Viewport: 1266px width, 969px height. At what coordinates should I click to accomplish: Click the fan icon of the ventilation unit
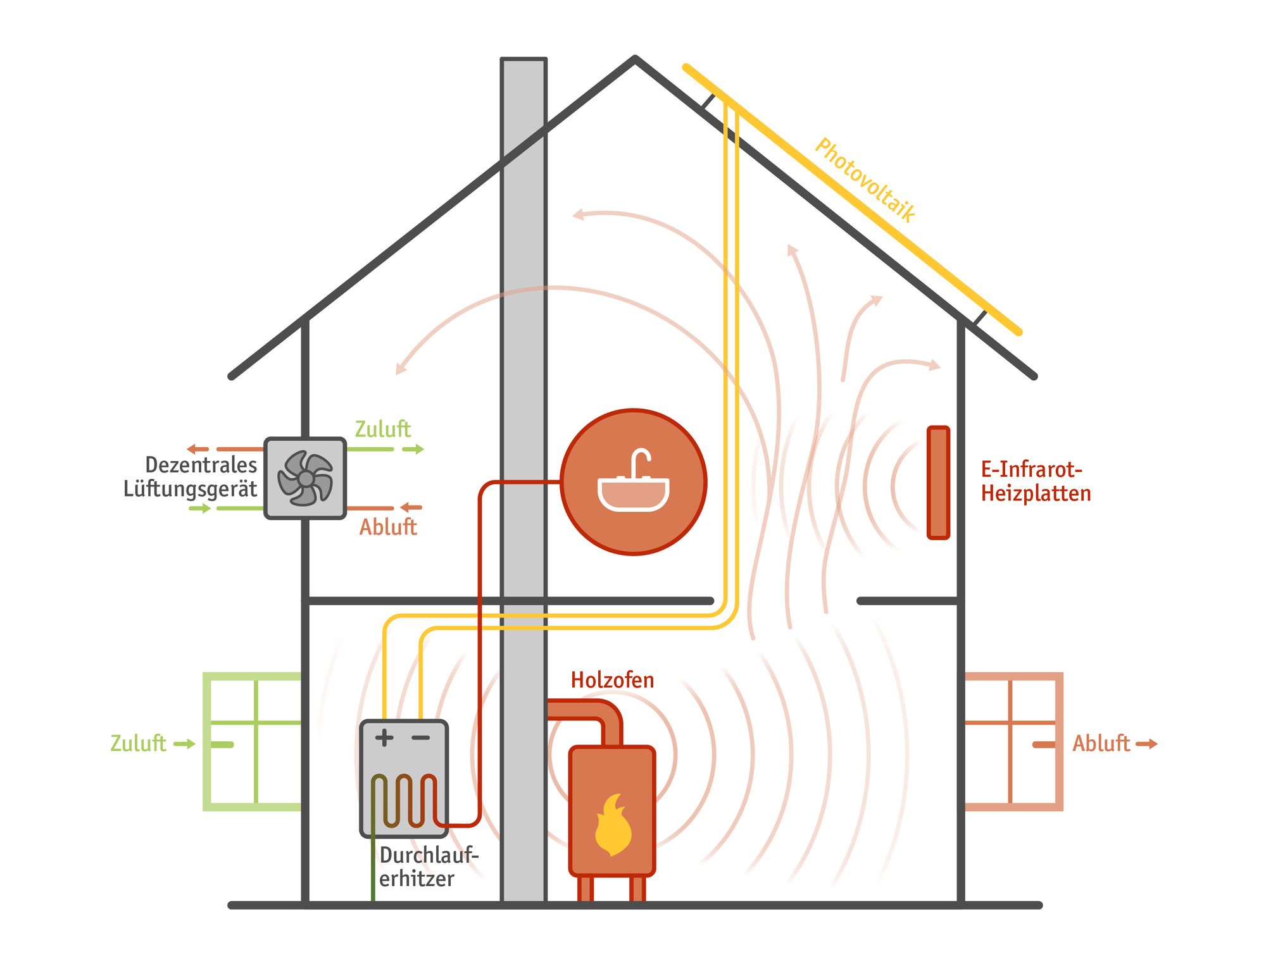[305, 478]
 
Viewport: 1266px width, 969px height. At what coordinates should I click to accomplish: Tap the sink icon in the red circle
[633, 482]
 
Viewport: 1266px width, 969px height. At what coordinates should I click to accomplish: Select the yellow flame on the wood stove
[613, 825]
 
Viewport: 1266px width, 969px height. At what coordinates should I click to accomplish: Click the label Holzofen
[612, 680]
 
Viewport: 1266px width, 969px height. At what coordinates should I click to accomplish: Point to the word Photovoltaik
[865, 180]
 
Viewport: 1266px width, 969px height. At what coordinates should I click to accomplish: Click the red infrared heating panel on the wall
[938, 483]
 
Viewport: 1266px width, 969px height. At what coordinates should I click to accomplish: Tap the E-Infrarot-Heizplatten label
[1036, 481]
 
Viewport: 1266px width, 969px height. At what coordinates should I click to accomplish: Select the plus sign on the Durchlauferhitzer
[384, 738]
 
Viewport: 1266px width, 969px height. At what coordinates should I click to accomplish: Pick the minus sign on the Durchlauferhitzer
[421, 738]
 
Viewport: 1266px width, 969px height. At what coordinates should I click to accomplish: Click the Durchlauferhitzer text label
[429, 867]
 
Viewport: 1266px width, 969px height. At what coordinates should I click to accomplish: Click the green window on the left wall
[252, 741]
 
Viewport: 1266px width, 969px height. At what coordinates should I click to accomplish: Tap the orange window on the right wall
[1013, 741]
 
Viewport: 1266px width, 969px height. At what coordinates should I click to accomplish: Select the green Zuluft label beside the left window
[138, 743]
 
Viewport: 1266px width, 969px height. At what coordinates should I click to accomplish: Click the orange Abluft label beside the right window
[1101, 743]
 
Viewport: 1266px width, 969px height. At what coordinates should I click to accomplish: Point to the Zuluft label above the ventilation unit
[382, 429]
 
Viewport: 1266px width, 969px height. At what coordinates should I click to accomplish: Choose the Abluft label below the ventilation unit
[388, 527]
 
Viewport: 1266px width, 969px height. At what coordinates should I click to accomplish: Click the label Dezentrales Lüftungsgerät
[191, 477]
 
